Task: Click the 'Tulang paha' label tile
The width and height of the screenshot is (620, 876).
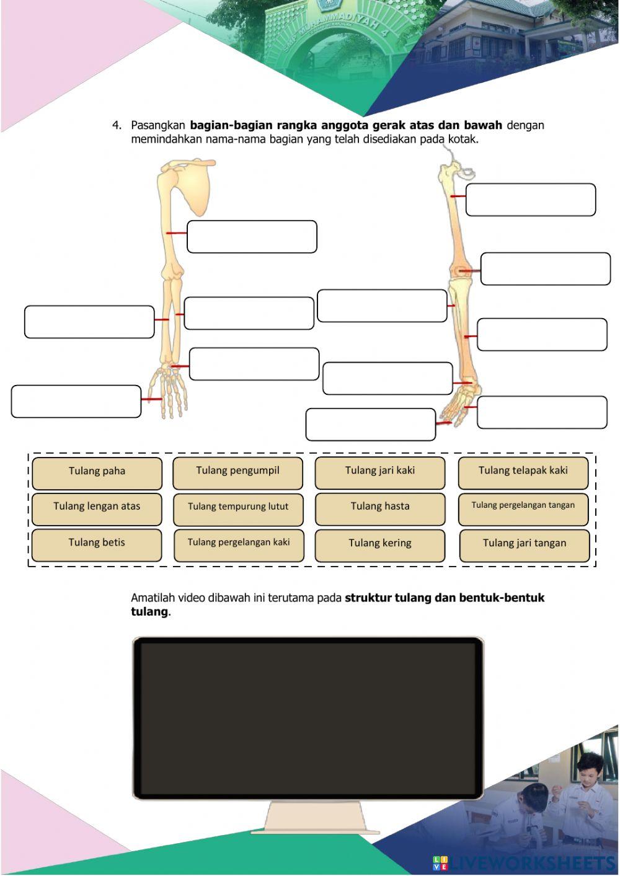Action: (97, 472)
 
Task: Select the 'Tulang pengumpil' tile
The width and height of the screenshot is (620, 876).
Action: (237, 472)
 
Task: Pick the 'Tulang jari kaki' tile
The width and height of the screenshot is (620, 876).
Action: (379, 472)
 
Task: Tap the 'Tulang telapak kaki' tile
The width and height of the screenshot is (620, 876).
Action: (523, 472)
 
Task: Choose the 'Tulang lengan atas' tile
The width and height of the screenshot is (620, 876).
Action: (97, 507)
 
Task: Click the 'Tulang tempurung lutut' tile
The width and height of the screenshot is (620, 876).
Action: (238, 508)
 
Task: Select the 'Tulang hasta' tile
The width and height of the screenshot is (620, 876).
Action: (379, 507)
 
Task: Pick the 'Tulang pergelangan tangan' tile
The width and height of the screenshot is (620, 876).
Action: (523, 507)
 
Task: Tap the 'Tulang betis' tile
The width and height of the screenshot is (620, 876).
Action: (97, 544)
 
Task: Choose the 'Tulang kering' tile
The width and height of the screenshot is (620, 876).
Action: (379, 544)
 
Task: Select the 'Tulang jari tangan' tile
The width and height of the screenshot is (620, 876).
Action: (524, 544)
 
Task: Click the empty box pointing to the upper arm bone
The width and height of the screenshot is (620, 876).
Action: (252, 237)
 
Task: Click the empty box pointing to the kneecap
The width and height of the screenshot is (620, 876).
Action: (545, 269)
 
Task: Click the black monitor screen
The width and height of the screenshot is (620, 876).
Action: (308, 718)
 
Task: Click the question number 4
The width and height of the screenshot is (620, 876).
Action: (117, 125)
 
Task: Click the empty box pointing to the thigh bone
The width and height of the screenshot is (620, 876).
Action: (530, 200)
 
